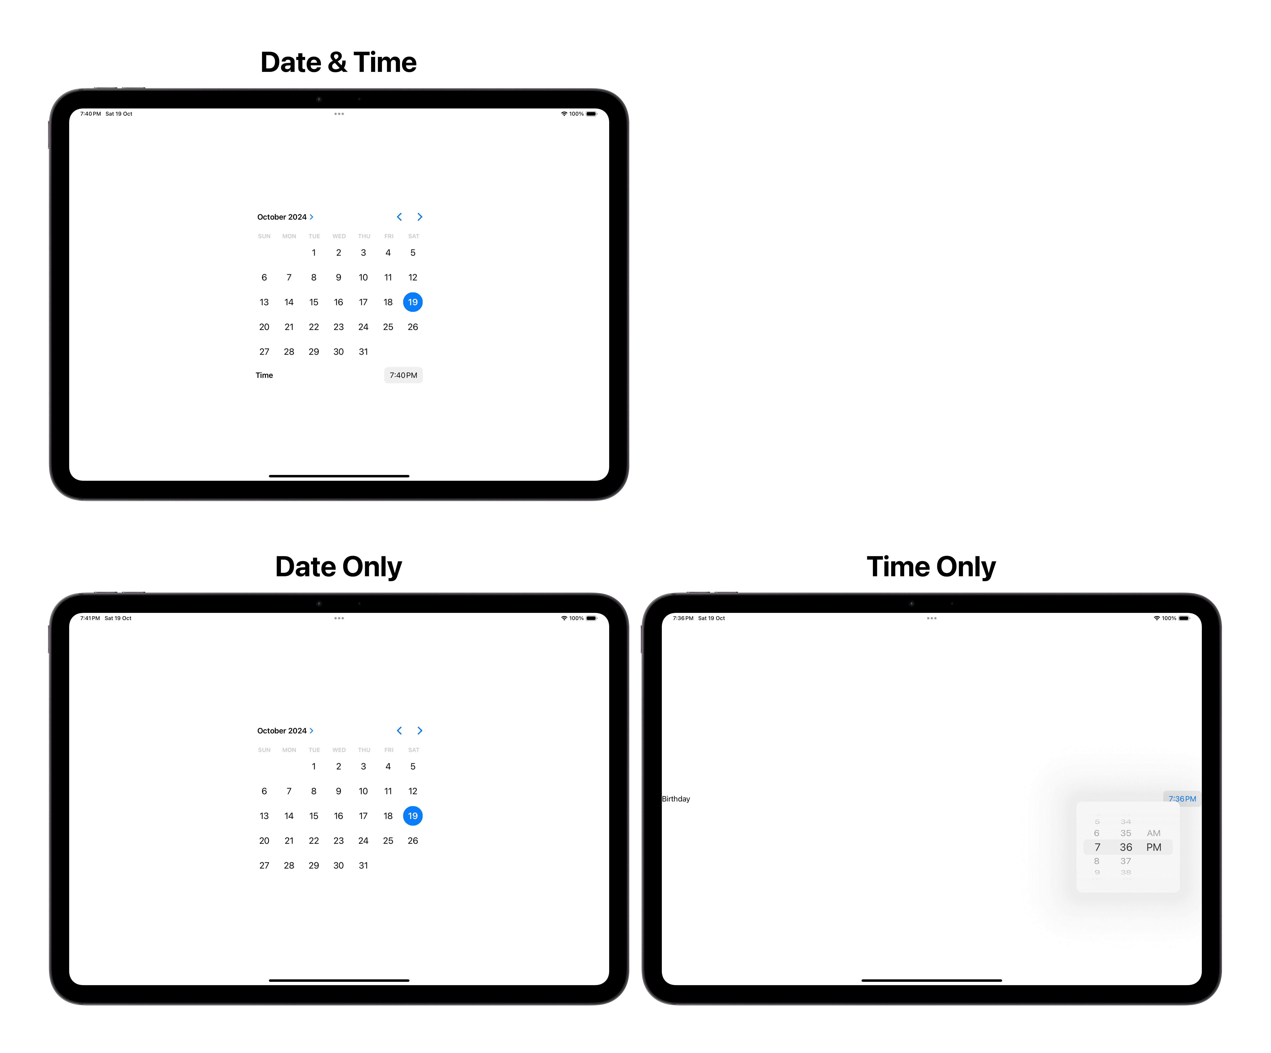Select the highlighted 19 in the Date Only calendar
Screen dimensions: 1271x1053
(413, 816)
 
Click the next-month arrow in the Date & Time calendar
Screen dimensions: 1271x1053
(420, 217)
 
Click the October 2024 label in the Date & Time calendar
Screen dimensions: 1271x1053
(282, 217)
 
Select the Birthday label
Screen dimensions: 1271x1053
(676, 799)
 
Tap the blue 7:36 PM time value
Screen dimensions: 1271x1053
(1182, 799)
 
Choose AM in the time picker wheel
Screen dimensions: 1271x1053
(1154, 833)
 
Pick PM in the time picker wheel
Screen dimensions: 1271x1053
(1154, 847)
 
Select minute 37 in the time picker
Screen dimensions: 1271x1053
(1126, 861)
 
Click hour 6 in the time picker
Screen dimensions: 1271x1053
(1097, 833)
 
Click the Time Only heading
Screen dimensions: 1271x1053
(931, 567)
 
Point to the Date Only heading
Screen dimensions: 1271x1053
(338, 567)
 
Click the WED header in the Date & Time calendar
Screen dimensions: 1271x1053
(339, 236)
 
